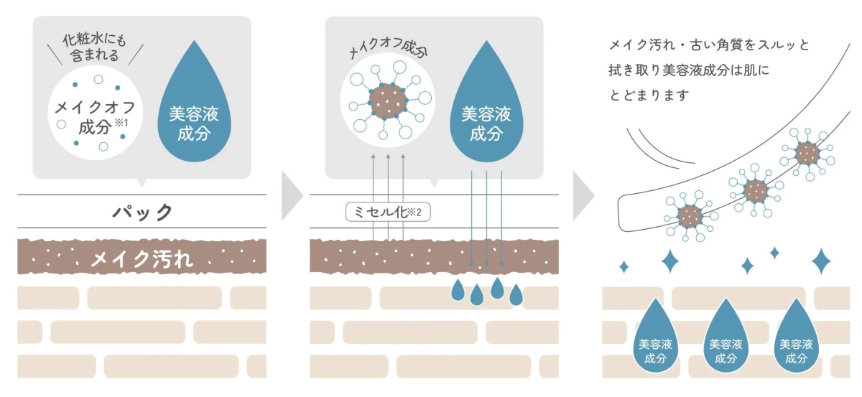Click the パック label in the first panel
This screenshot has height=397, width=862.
[x=142, y=212]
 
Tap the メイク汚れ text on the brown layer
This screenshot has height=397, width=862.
[x=142, y=258]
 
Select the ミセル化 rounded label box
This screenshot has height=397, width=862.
[x=388, y=212]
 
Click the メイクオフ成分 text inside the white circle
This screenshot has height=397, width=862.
[x=95, y=117]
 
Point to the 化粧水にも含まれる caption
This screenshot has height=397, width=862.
[x=95, y=47]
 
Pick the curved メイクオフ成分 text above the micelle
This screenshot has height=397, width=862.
[x=388, y=49]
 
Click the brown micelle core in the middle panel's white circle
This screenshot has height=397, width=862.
[x=387, y=101]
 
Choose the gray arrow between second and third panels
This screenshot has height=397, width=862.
[x=583, y=196]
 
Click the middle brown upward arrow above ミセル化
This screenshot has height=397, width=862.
[x=388, y=197]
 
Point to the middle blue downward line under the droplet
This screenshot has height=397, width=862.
[x=486, y=218]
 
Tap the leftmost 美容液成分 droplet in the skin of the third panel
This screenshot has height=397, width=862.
[x=655, y=336]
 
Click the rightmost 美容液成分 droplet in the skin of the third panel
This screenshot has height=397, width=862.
[x=796, y=336]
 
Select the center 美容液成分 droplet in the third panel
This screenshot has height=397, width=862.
[x=726, y=336]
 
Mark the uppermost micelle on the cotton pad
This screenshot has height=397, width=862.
[x=807, y=154]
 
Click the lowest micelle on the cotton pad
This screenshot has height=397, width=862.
[x=690, y=216]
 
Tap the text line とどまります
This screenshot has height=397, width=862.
[x=649, y=95]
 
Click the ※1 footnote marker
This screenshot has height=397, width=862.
[x=121, y=123]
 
